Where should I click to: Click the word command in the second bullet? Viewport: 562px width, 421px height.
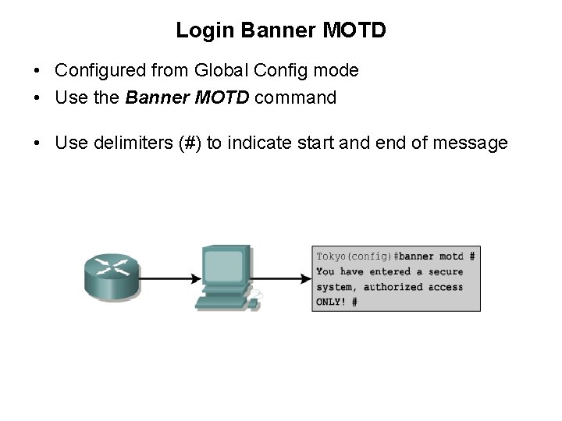click(296, 98)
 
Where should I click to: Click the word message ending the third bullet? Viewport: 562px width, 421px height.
click(475, 143)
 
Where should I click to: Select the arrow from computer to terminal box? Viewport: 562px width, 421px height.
click(281, 278)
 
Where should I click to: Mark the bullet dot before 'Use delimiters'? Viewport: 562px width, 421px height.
click(37, 143)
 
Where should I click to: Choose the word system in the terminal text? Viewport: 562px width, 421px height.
click(335, 287)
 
